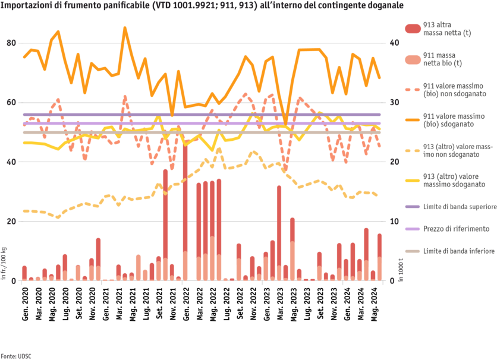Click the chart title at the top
(202, 5)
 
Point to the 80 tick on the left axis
(11, 43)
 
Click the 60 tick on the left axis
(11, 102)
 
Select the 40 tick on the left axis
(11, 162)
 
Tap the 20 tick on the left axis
(11, 221)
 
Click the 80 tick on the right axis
(393, 43)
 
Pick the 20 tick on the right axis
(393, 221)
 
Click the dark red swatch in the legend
(412, 29)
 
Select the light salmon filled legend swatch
(412, 58)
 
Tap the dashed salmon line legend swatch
(412, 89)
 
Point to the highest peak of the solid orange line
(125, 27)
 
